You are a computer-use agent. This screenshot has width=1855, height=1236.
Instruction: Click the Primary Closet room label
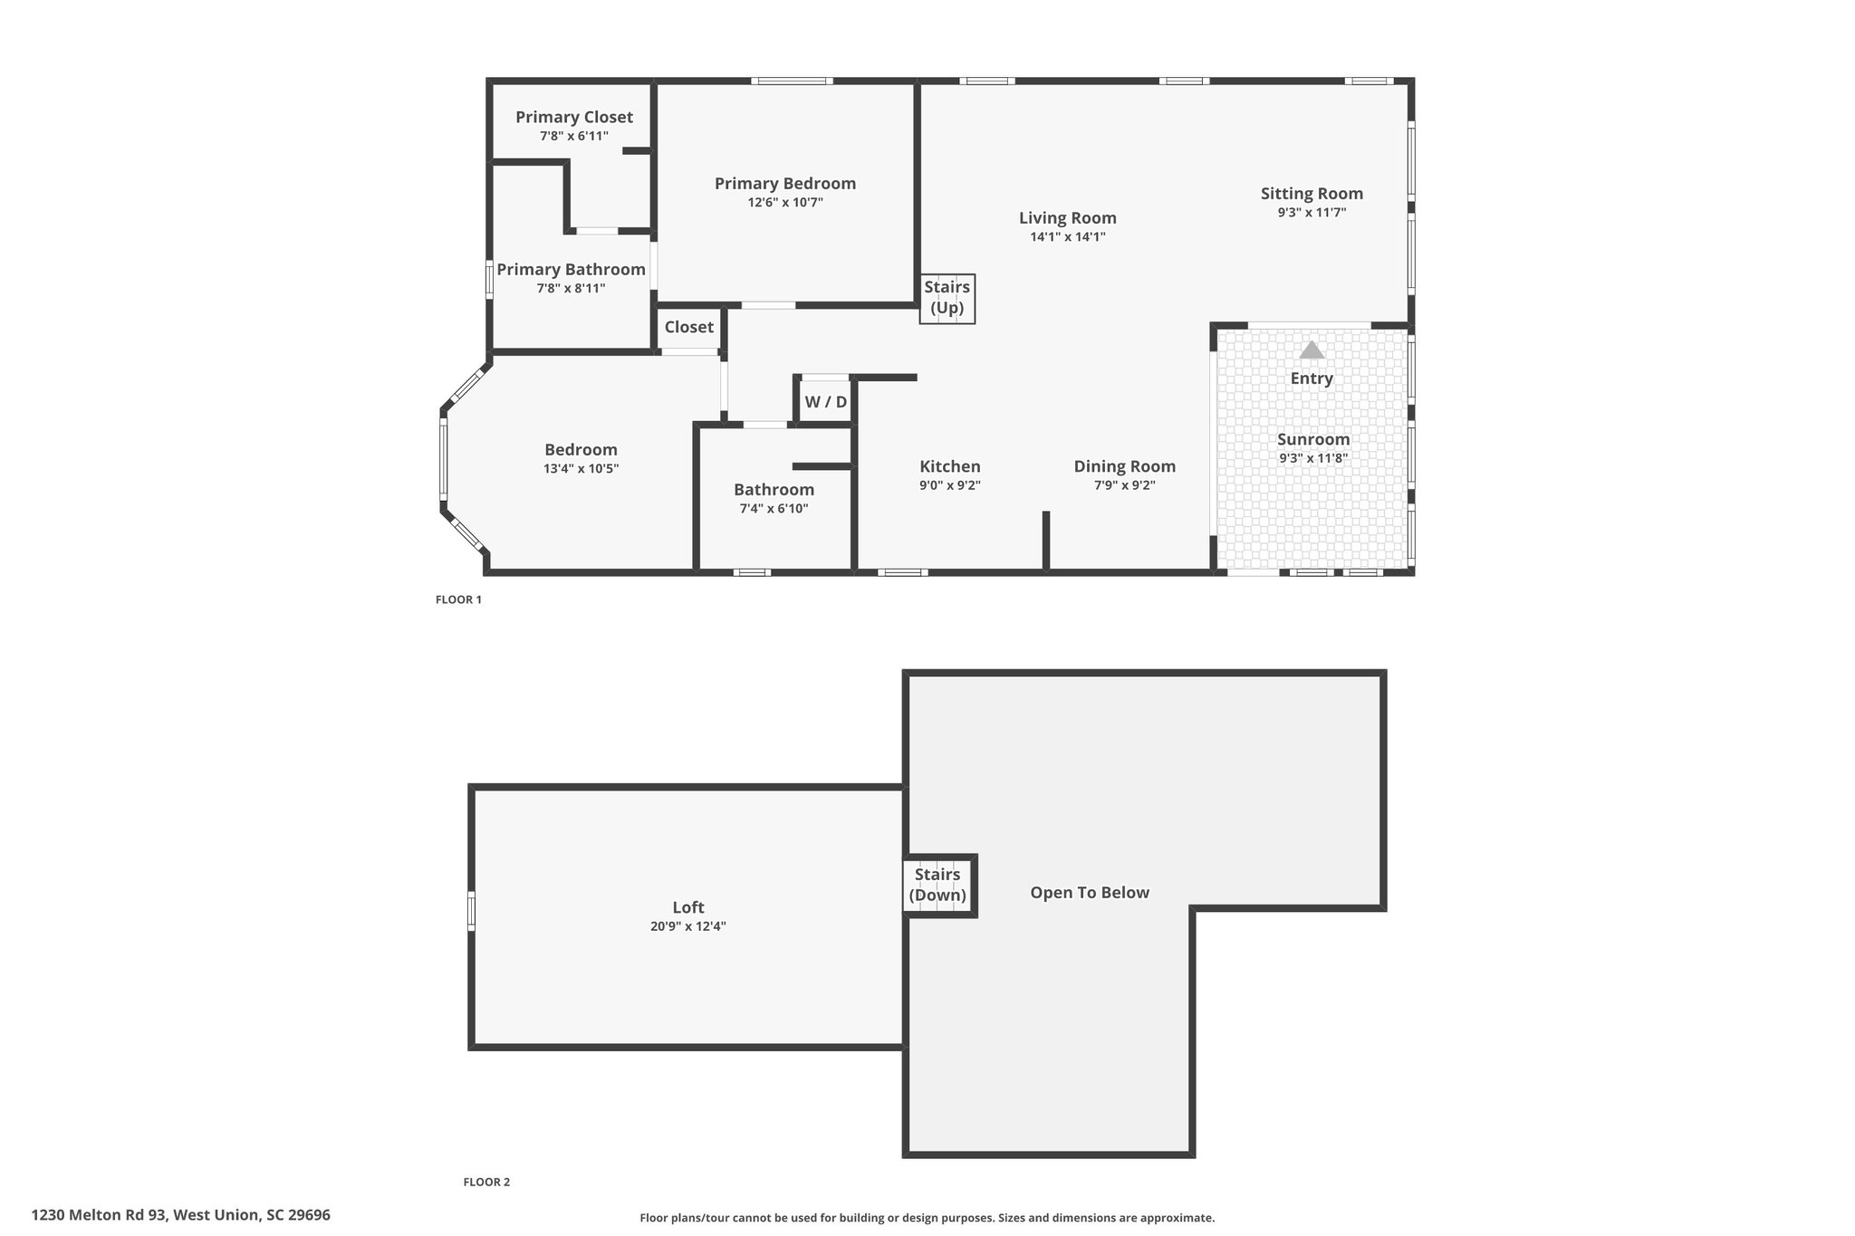[x=574, y=117]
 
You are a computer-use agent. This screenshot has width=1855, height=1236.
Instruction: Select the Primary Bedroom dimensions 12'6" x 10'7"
[x=785, y=203]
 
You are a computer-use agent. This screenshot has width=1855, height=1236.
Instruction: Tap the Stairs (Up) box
[x=947, y=298]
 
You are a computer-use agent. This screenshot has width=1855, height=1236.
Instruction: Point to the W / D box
[x=825, y=401]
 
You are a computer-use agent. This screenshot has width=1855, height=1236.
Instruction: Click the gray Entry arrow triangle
[x=1312, y=350]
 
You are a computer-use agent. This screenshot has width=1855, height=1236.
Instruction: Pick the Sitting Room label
[x=1312, y=193]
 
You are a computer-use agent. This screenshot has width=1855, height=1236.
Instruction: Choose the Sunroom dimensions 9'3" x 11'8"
[x=1313, y=458]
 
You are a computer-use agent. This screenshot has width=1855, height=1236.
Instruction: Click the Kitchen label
[x=950, y=466]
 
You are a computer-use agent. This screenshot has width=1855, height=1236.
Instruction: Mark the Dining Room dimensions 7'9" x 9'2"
[x=1124, y=485]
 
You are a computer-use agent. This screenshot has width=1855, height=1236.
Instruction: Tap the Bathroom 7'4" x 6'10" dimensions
[x=774, y=509]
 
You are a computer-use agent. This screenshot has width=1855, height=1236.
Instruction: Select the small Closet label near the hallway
[x=689, y=327]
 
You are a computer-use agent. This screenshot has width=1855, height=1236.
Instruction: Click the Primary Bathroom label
[x=571, y=269]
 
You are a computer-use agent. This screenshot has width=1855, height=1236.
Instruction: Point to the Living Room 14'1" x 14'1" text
[x=1068, y=236]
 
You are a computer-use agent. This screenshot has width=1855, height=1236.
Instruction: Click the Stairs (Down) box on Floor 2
[x=938, y=886]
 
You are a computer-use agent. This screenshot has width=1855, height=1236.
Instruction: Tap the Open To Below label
[x=1090, y=893]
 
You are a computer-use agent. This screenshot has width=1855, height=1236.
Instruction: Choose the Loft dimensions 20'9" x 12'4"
[x=688, y=926]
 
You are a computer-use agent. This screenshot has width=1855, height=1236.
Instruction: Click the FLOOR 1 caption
[x=458, y=599]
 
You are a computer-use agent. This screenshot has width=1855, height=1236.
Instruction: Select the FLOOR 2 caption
[x=486, y=1182]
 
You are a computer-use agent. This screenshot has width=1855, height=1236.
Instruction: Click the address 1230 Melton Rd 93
[x=100, y=1215]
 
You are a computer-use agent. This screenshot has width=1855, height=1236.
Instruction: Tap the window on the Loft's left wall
[x=471, y=911]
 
